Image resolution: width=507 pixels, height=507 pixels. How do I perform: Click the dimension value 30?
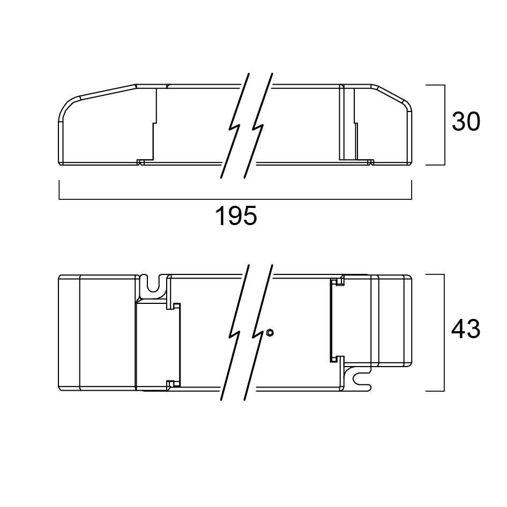click(x=466, y=122)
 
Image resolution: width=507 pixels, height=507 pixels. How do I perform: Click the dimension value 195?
click(x=236, y=215)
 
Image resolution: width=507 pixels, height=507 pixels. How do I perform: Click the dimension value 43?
click(x=466, y=329)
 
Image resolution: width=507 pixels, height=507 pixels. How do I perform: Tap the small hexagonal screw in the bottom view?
click(x=270, y=332)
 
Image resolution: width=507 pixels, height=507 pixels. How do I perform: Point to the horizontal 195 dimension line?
click(x=235, y=199)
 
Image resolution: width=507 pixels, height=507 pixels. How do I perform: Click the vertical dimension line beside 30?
click(x=445, y=125)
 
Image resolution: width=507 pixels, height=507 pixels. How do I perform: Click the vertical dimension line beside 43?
click(x=444, y=333)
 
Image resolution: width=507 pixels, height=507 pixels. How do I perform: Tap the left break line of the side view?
click(x=235, y=126)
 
